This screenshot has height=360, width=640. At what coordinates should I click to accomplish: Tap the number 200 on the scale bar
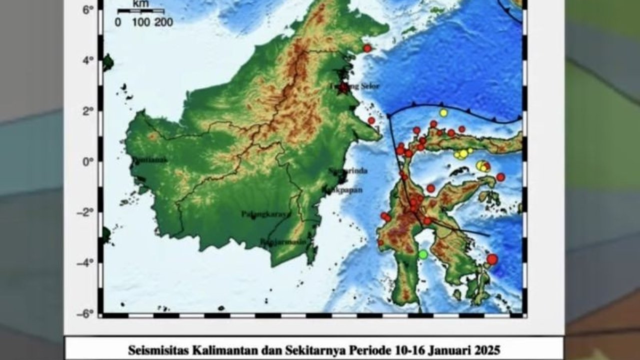click(163, 22)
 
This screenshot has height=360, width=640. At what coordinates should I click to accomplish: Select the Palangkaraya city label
click(265, 214)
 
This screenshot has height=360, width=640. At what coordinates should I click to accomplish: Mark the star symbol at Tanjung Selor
click(343, 88)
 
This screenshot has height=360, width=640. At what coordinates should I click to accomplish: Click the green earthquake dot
click(423, 254)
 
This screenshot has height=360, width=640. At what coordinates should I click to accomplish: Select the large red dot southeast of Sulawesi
click(492, 259)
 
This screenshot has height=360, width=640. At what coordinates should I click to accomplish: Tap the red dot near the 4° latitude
click(367, 48)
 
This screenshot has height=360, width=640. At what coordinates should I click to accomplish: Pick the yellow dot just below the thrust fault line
click(443, 112)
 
